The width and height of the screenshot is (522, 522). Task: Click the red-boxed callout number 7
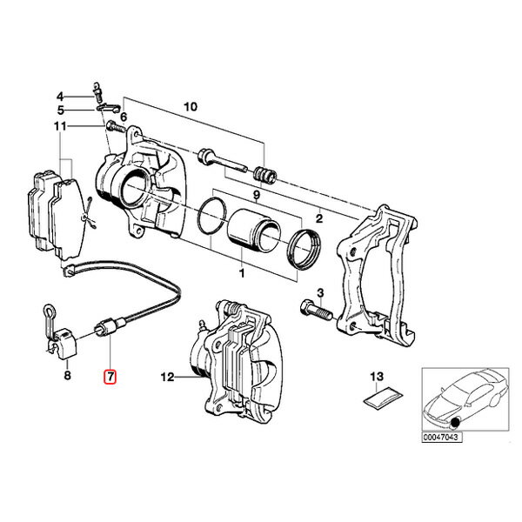[x=110, y=377]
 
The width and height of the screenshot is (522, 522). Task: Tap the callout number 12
[x=167, y=377]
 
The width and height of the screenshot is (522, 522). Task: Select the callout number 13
[x=377, y=377]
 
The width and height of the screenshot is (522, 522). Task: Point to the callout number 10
[x=191, y=107]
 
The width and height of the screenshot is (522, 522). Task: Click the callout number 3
[x=320, y=293]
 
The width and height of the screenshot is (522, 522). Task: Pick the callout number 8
[x=67, y=376]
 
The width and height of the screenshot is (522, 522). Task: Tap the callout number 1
[x=242, y=273]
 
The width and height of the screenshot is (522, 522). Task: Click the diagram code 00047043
[x=442, y=437]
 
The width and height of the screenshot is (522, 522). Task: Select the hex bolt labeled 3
[x=317, y=311]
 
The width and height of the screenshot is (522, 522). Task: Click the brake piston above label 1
[x=254, y=230]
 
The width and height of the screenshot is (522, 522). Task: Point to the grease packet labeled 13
[x=383, y=398]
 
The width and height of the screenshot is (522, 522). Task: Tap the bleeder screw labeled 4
[x=97, y=92]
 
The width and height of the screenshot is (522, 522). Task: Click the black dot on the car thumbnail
[x=455, y=423]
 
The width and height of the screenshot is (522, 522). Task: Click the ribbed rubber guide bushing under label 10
[x=265, y=176]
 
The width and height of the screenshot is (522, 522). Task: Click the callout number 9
[x=256, y=196]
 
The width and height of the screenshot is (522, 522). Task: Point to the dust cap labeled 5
[x=108, y=108]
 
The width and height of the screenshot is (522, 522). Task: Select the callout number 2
[x=319, y=218]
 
